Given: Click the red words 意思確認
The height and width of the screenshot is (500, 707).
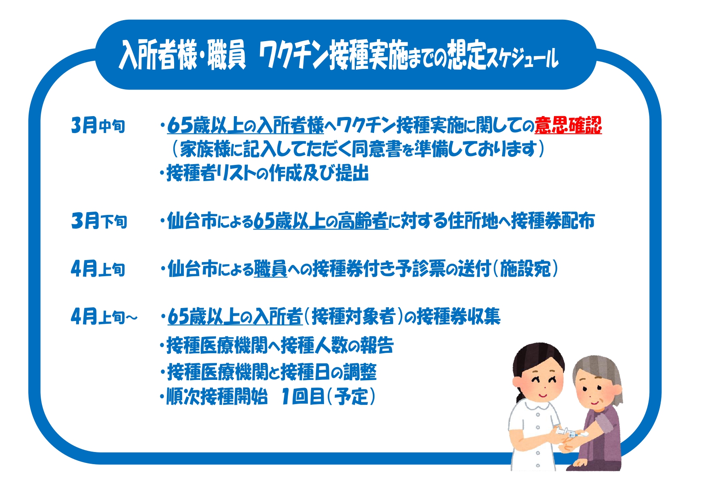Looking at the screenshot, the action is point(568,125).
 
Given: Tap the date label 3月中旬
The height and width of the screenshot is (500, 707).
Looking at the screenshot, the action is point(98,125).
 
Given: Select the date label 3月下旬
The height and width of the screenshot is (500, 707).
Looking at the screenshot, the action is point(99,221).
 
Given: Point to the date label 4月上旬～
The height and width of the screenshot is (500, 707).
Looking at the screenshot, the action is point(104,317).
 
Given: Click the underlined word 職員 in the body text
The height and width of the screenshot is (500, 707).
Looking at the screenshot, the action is point(270,269).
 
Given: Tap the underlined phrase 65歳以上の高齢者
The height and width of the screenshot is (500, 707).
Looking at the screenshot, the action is point(321,221).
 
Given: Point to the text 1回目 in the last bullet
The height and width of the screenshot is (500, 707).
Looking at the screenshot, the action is point(303,397).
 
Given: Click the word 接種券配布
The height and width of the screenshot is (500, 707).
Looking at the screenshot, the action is point(553,221).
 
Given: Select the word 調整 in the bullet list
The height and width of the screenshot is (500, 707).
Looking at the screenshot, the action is point(360,372).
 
